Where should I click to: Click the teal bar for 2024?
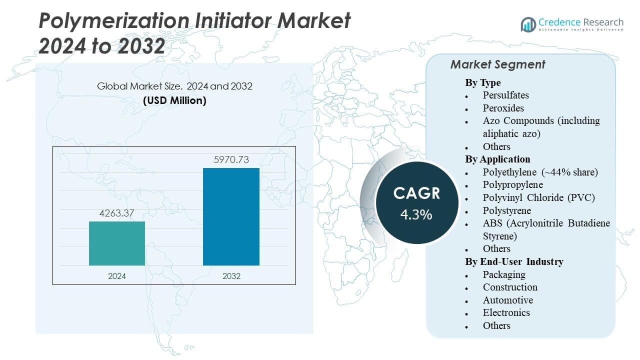coord(117,243)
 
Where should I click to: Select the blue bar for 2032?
coord(231,216)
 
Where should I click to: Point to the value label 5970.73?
coord(231,160)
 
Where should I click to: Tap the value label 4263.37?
coord(117,213)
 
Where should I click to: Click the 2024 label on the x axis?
coord(117,276)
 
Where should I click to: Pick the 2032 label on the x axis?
coord(231,276)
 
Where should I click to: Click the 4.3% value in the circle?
coord(416,214)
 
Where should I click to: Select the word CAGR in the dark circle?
coord(416,193)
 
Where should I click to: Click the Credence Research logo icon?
coord(528,24)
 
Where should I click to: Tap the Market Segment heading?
coord(497,64)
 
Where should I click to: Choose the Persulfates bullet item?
coord(505,95)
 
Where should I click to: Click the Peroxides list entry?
coord(503,108)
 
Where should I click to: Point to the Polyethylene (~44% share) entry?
coord(540,172)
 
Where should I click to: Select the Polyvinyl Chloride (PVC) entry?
coord(538,197)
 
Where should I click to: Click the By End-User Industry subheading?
coord(514,261)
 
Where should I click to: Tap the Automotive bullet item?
coord(507,300)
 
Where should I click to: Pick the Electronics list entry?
coord(506,312)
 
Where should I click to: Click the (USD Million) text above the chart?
coord(174,100)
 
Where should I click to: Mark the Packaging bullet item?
coord(504,274)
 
